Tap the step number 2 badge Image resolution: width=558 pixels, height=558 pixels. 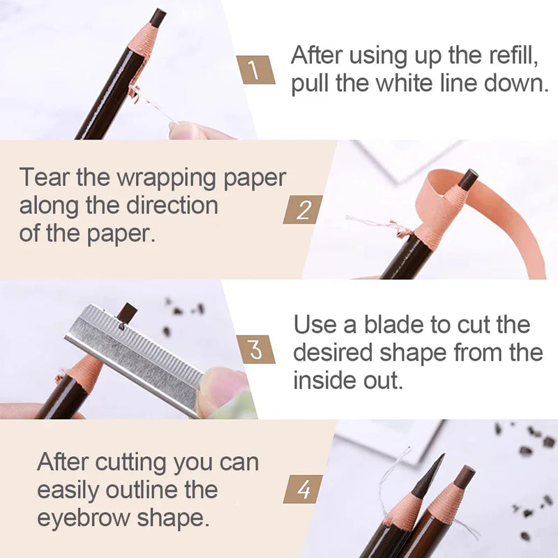[302, 209]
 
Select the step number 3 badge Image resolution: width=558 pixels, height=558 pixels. [255, 349]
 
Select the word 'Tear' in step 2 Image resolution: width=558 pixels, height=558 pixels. [45, 178]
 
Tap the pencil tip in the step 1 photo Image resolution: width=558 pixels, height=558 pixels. [158, 17]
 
